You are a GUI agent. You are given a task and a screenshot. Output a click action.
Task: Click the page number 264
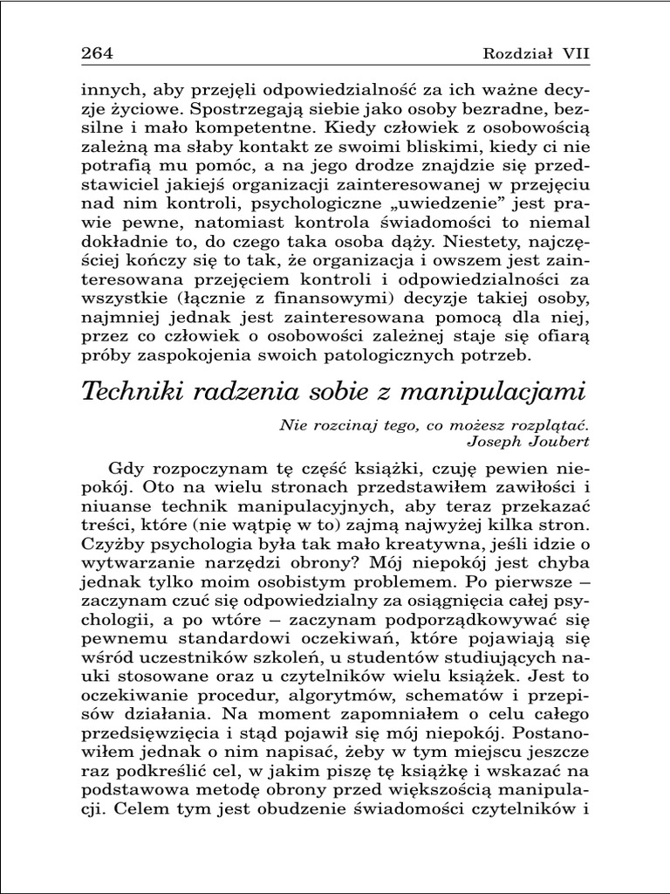point(97,53)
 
